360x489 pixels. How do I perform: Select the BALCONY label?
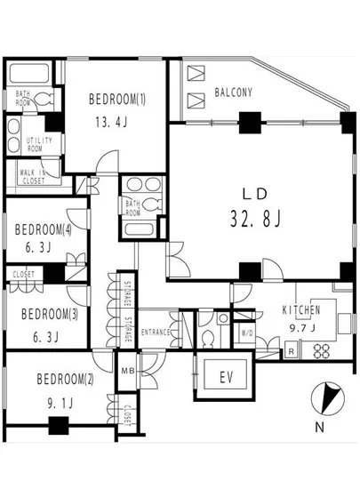[x=234, y=92]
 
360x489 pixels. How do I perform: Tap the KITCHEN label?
[x=300, y=310]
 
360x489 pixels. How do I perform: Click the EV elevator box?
[x=226, y=376]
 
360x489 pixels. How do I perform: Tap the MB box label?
[x=127, y=370]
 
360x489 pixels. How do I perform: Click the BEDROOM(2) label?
[x=64, y=381]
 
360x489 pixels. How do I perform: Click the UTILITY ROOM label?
[x=38, y=144]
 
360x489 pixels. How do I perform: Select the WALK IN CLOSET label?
[x=31, y=174]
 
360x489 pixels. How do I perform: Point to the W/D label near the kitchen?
[x=247, y=334]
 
